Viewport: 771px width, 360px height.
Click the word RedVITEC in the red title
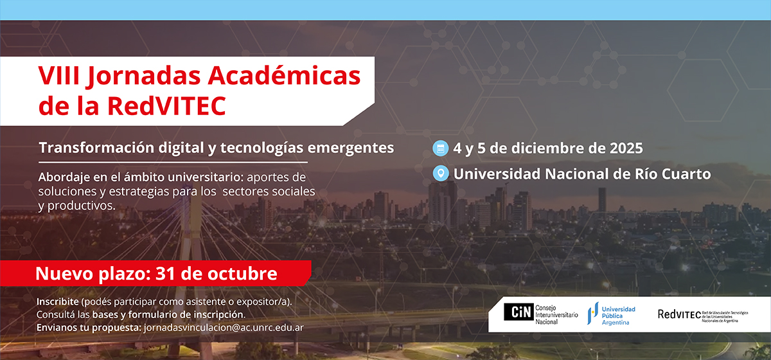[166, 106]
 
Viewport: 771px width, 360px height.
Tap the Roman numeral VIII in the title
[59, 75]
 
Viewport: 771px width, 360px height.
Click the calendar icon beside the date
[440, 148]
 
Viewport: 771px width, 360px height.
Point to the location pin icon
[441, 174]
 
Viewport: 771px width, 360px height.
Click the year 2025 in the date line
[626, 148]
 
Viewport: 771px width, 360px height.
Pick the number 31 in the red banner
[165, 273]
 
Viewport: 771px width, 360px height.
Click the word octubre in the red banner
[242, 273]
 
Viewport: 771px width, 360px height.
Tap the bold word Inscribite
[57, 301]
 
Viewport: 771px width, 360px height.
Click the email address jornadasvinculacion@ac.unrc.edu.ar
[224, 328]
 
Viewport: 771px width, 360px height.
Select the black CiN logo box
[518, 312]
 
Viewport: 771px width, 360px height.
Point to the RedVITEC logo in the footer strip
[703, 315]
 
